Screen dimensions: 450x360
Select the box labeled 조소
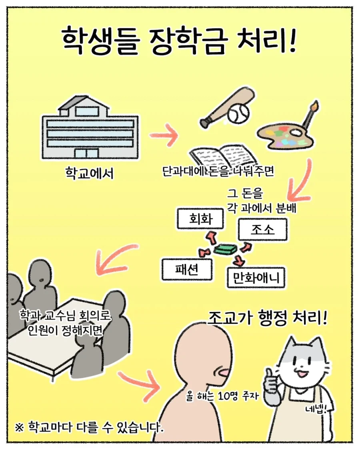(262, 229)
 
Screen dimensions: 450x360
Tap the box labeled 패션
(187, 270)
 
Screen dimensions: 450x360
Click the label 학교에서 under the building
(89, 173)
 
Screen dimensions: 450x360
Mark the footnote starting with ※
(90, 427)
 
